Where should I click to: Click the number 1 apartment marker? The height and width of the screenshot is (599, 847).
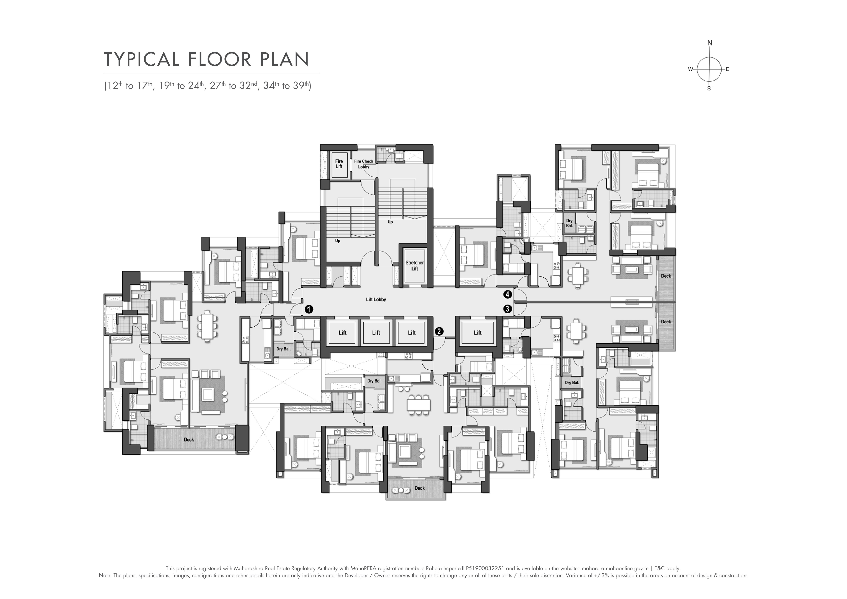click(309, 309)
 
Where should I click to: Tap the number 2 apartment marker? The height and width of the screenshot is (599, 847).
click(439, 331)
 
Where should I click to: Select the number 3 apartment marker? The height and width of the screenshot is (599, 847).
click(508, 309)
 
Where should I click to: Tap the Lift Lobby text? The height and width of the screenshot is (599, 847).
click(376, 300)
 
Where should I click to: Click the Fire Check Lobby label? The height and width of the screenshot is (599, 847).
click(364, 164)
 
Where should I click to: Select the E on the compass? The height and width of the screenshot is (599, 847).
click(727, 69)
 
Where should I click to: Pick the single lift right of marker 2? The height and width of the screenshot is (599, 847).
click(478, 333)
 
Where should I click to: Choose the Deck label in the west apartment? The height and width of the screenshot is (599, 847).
click(189, 440)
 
